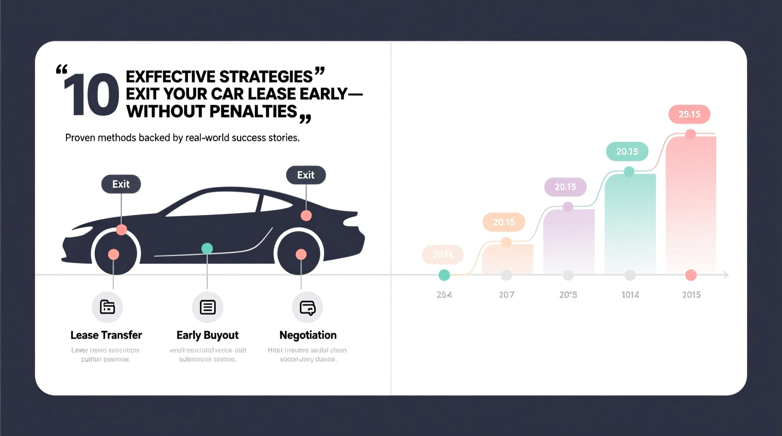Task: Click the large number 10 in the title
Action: coord(91,95)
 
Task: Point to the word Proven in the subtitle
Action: coord(80,138)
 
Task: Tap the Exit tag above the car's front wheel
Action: coord(121,184)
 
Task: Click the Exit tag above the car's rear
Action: coord(306,175)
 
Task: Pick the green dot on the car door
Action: coord(207,248)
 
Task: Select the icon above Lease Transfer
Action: coord(107,307)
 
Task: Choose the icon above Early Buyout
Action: coord(207,307)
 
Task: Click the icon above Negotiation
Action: coord(308,307)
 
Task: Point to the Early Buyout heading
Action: coord(207,335)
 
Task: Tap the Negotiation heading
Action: coord(308,335)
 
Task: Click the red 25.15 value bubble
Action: coord(689,114)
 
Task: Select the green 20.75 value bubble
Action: coord(627,151)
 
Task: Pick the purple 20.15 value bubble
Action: coord(565,187)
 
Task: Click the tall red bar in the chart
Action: coord(691,202)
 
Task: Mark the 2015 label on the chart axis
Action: coord(691,295)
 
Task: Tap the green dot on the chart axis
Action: coord(444,275)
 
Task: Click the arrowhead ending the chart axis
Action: coord(726,275)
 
